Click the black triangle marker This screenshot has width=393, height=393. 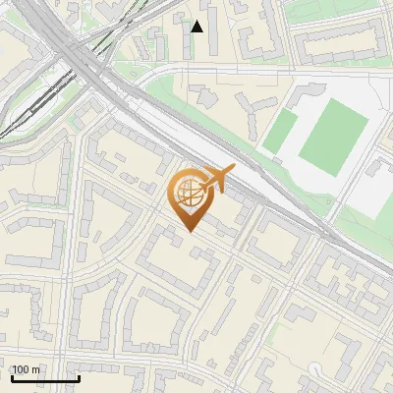(x=197, y=27)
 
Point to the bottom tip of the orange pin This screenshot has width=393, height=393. (x=190, y=231)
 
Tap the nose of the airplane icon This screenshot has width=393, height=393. (x=231, y=171)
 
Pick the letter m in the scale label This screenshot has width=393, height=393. (x=36, y=369)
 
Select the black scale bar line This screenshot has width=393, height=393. (x=45, y=378)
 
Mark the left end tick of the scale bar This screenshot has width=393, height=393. (x=12, y=377)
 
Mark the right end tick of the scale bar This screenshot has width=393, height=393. (x=79, y=377)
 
